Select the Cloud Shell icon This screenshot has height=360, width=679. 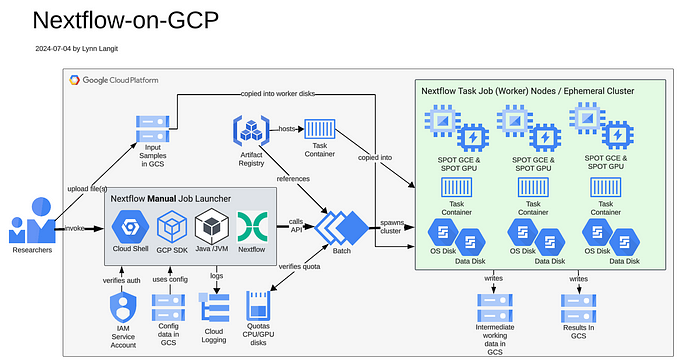(x=130, y=227)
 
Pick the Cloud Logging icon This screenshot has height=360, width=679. (x=214, y=307)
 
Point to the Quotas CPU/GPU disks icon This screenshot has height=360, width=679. (x=258, y=305)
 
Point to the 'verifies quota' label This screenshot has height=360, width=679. (x=301, y=268)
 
